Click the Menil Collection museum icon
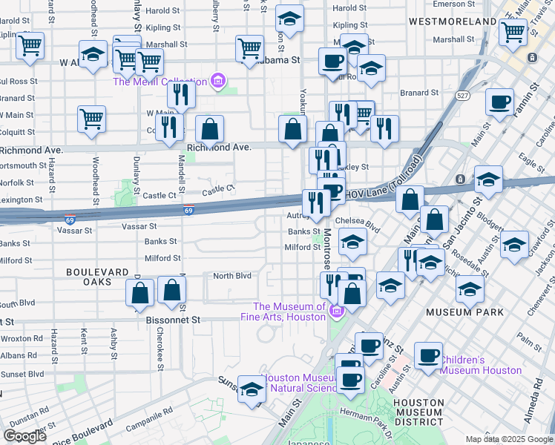click(218, 81)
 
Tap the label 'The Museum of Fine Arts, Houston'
click(289, 311)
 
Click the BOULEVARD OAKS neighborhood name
click(99, 277)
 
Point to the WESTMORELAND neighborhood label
click(453, 22)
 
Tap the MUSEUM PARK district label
click(465, 312)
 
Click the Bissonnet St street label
click(175, 320)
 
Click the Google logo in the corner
click(24, 435)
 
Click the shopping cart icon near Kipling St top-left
click(29, 45)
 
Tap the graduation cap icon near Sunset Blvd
click(252, 389)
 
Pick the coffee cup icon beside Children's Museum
click(427, 355)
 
